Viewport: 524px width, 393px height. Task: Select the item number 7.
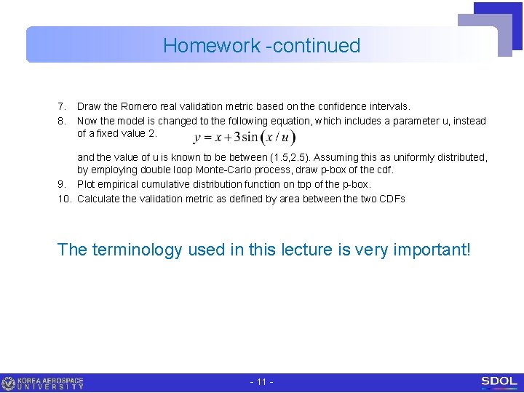[62, 106]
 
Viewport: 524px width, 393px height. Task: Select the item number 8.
[62, 121]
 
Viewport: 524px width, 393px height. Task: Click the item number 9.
[62, 184]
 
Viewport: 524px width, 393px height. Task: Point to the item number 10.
[64, 199]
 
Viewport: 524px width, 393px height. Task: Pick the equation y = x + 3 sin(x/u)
[245, 138]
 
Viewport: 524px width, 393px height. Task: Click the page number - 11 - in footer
[261, 382]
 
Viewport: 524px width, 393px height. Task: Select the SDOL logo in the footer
[499, 382]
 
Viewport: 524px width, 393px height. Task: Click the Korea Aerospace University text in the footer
[50, 383]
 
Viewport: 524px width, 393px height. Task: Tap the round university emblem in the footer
[9, 383]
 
